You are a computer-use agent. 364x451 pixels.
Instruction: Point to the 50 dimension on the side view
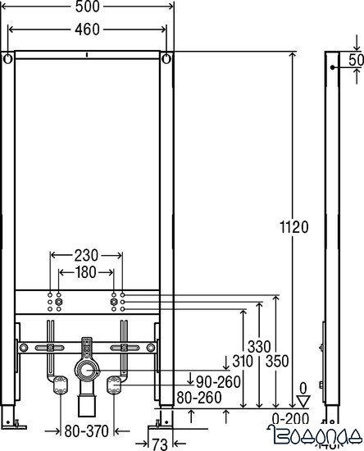point(356,61)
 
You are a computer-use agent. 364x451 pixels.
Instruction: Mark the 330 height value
point(259,348)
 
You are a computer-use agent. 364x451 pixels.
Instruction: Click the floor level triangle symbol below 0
point(303,401)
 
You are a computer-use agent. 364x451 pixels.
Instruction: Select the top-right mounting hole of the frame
point(167,59)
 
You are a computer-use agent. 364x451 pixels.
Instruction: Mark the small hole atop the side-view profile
point(332,69)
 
